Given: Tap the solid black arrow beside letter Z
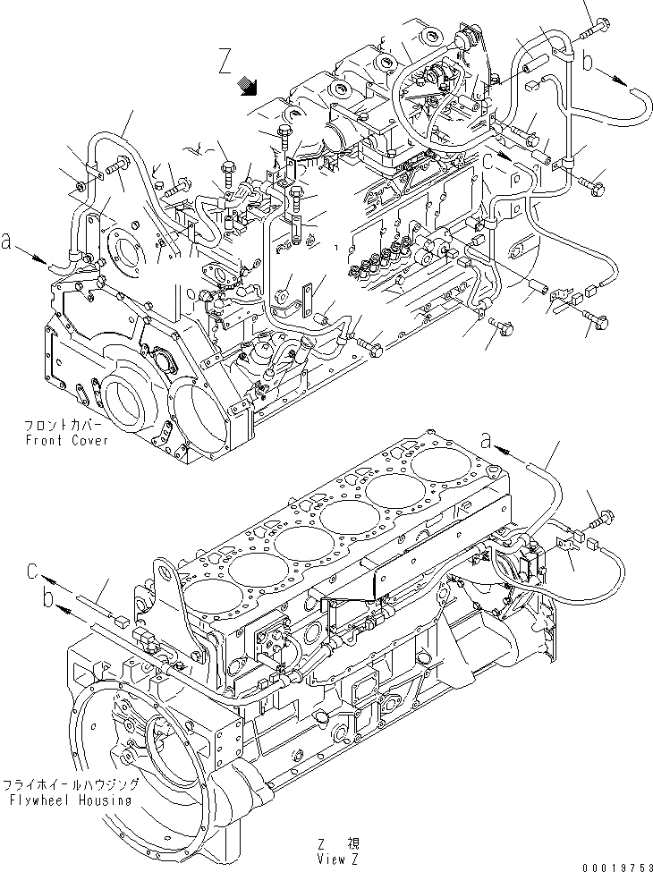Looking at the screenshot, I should click(x=250, y=86).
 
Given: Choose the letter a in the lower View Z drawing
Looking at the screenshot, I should click(x=487, y=437).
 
